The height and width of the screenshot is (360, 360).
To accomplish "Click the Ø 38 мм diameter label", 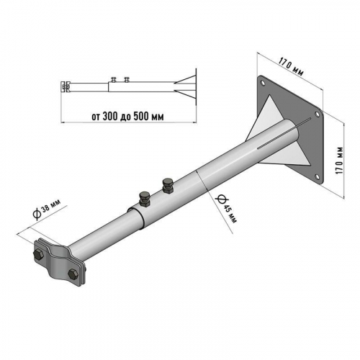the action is (x=46, y=210).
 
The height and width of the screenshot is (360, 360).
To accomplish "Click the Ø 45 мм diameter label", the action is (x=226, y=208).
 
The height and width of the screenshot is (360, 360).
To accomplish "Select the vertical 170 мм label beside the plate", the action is (x=340, y=161).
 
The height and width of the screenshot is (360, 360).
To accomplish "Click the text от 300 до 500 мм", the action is (x=128, y=117).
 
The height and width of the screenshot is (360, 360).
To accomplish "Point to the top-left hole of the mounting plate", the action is (x=263, y=83).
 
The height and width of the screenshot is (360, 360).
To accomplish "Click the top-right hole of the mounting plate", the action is (x=317, y=114).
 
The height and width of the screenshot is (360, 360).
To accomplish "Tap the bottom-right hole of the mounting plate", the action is (x=317, y=177).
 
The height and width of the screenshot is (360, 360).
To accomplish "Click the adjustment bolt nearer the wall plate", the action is (x=168, y=185).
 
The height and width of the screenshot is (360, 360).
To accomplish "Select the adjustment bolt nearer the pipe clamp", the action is (x=145, y=199).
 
